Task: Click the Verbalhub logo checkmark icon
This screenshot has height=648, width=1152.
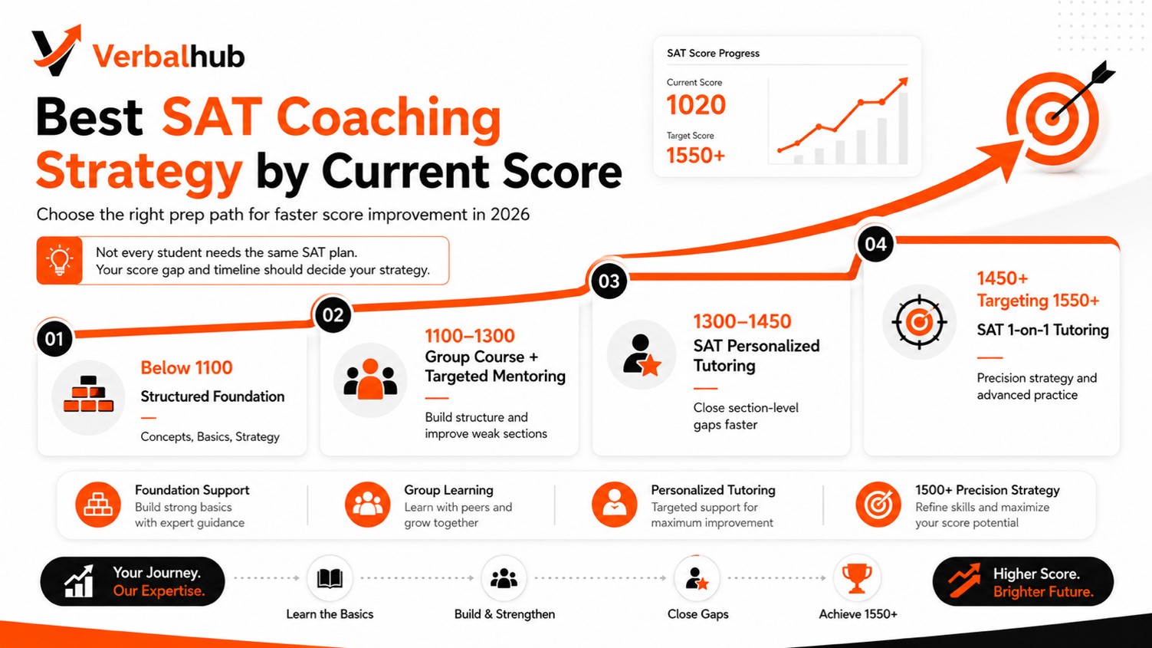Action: tap(55, 51)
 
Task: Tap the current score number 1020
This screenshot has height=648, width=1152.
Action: tap(696, 105)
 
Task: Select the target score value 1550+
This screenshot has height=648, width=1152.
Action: tap(695, 156)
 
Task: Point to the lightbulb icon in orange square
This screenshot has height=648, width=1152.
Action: tap(60, 261)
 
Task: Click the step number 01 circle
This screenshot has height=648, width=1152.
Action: tap(54, 339)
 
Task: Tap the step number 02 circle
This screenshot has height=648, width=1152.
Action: tap(333, 315)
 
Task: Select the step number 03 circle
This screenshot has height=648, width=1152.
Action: tap(609, 281)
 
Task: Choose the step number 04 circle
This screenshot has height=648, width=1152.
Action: tap(876, 244)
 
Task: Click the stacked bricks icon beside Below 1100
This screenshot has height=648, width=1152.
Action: tap(88, 394)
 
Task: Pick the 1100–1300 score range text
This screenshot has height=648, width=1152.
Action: tap(470, 336)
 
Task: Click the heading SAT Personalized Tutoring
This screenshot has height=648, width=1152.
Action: tap(756, 356)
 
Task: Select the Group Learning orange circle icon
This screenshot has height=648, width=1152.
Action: tap(367, 505)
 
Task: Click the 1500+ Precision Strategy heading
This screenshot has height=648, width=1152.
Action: tap(987, 490)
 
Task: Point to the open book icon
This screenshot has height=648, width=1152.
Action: tap(330, 578)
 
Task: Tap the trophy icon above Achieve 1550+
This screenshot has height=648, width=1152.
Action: tap(856, 578)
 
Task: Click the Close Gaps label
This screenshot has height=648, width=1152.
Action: tap(698, 614)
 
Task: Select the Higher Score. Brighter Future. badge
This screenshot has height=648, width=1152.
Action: tap(1023, 581)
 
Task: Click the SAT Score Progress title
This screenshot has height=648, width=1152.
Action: tap(713, 53)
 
